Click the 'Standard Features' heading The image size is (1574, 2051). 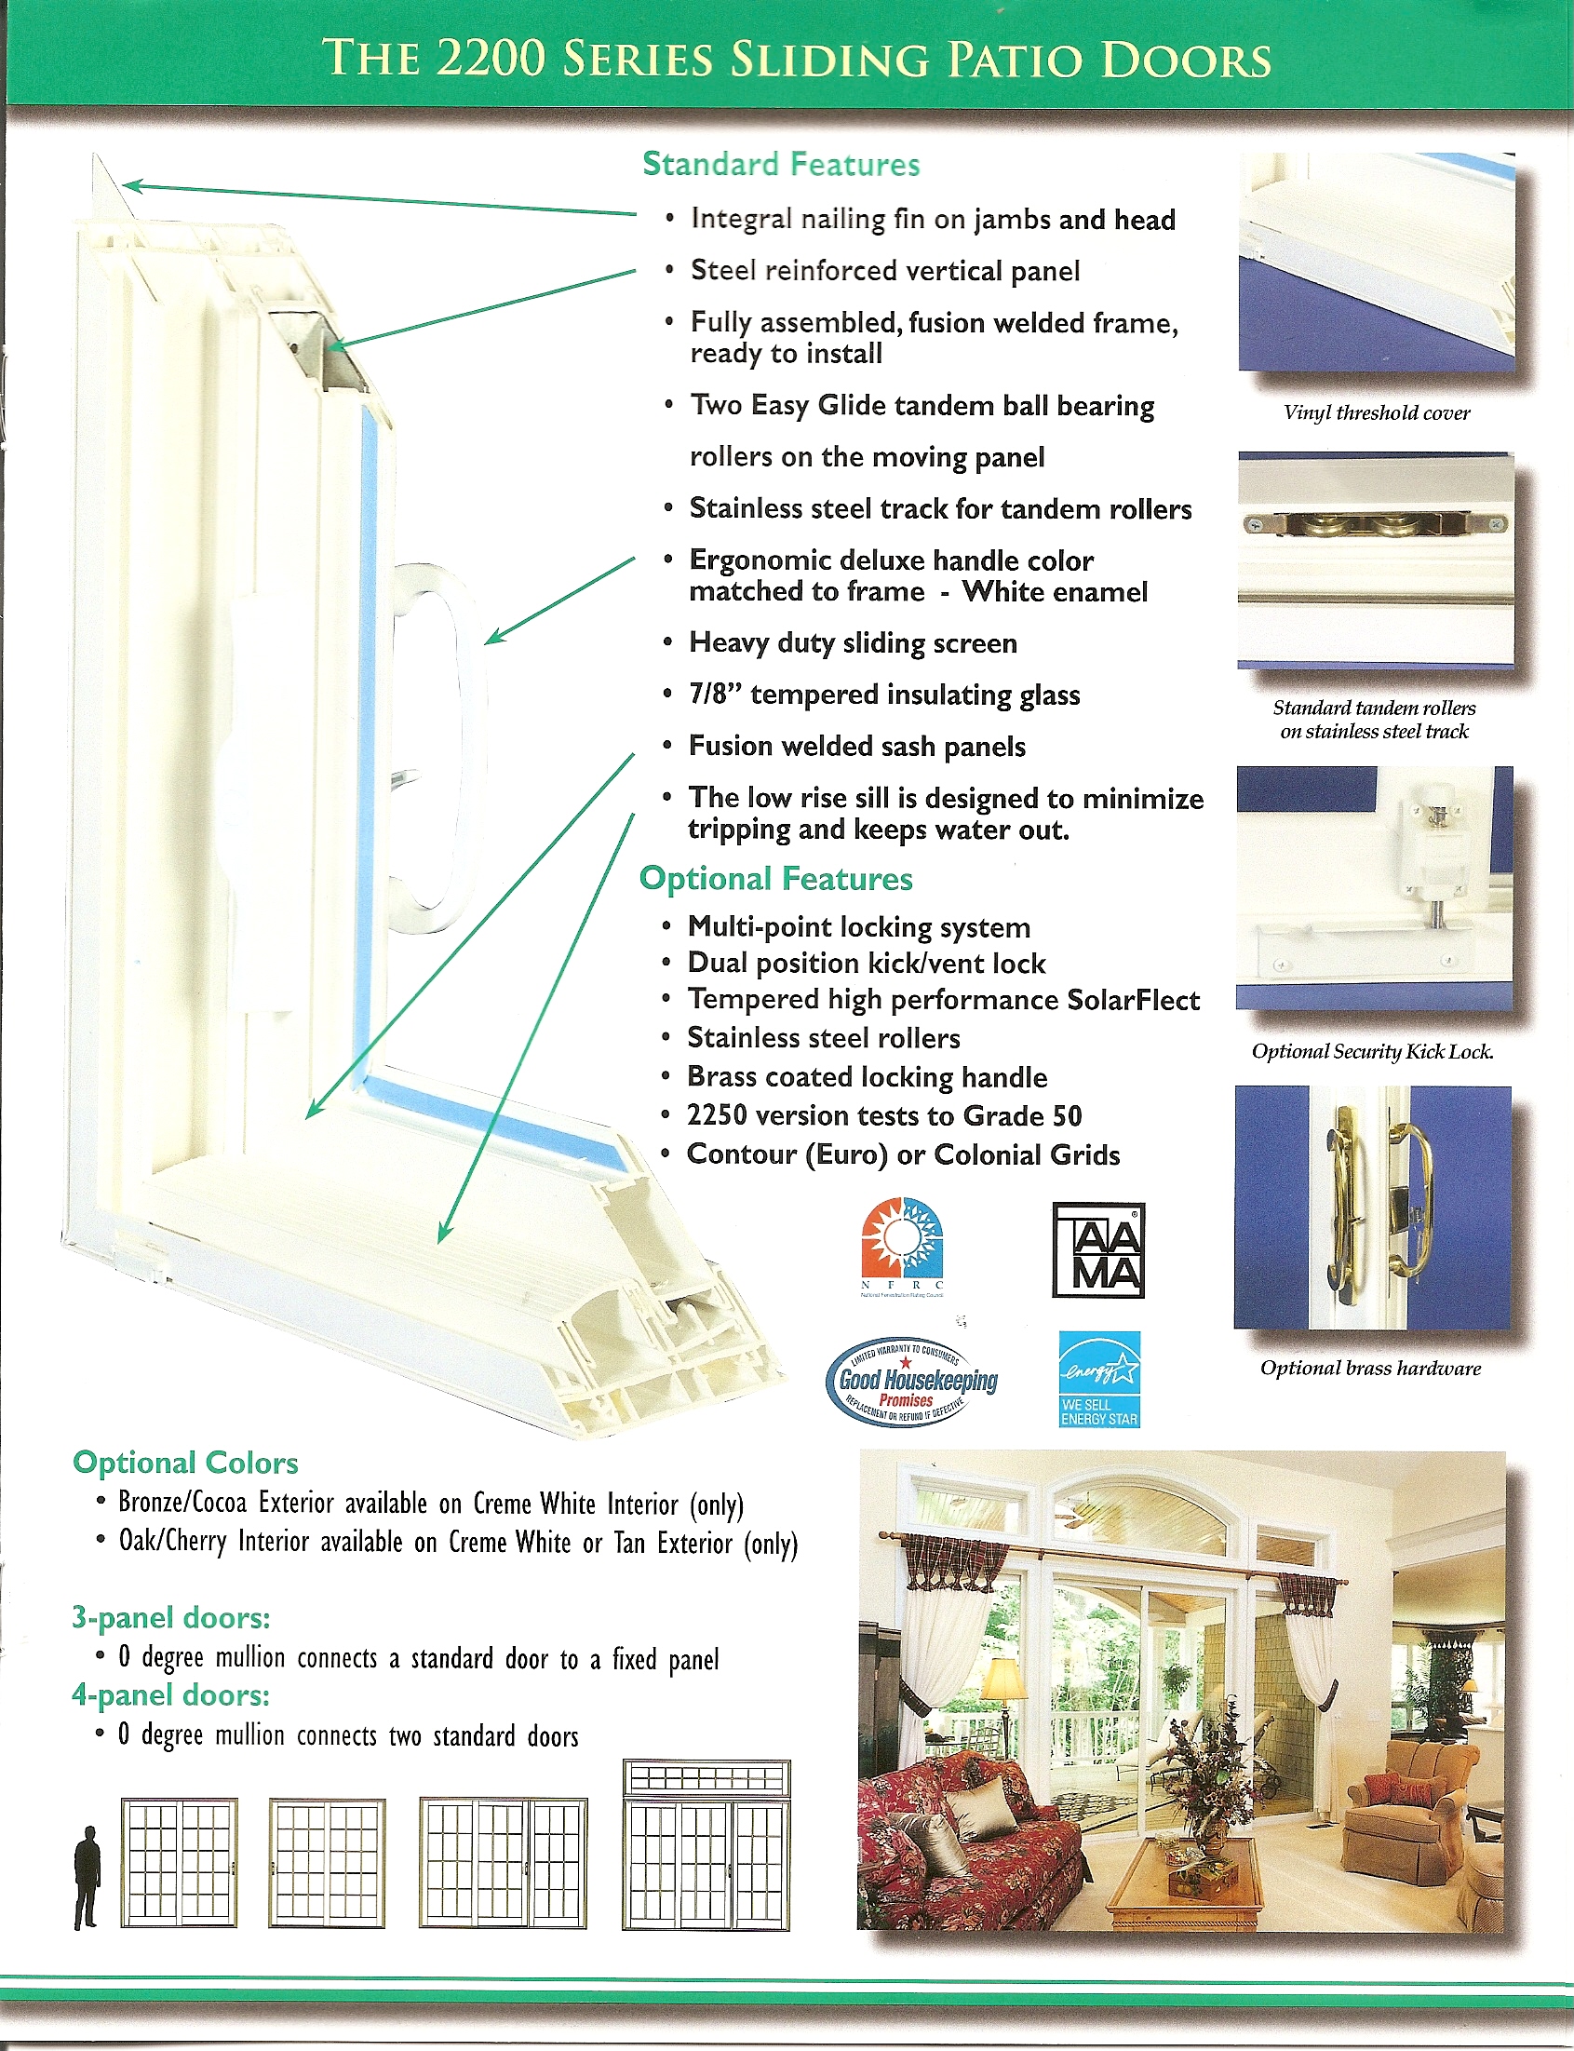[x=780, y=165]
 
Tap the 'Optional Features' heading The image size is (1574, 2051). [x=775, y=879]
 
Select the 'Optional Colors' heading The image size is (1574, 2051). [x=185, y=1463]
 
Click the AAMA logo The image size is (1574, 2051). [x=1098, y=1250]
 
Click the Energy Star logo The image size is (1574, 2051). [x=1099, y=1378]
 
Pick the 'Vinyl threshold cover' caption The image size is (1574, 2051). [x=1377, y=413]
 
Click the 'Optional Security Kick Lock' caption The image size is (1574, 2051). [x=1373, y=1051]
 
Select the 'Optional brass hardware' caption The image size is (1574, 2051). [x=1371, y=1368]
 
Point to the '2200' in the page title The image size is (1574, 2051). [x=490, y=58]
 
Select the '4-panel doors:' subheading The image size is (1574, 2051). [x=170, y=1695]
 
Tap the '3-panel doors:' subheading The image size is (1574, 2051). [x=170, y=1618]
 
